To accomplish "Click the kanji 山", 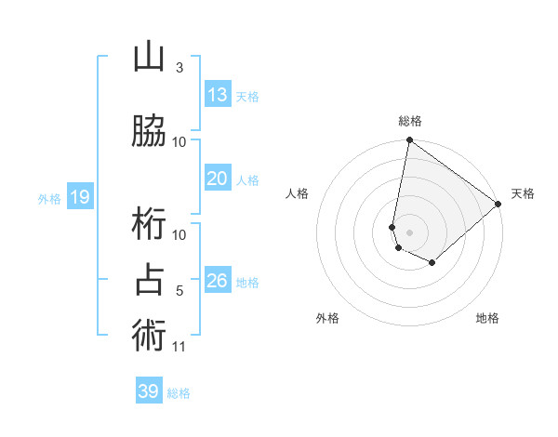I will click(150, 58).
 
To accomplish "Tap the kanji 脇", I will click(150, 131).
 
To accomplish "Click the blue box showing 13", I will click(218, 95).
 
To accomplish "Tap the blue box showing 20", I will click(218, 179).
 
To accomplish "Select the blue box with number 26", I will click(218, 280).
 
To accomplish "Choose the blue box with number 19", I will click(79, 197).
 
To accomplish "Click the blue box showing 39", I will click(149, 391).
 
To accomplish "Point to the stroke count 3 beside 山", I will click(179, 68).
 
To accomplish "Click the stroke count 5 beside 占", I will click(179, 291).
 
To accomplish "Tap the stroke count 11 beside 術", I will click(179, 347).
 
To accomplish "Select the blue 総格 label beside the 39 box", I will click(179, 393).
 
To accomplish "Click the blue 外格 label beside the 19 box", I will click(49, 198).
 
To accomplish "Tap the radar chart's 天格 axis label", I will click(523, 193).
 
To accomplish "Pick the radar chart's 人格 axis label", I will click(297, 193).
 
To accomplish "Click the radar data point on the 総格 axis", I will click(409, 141).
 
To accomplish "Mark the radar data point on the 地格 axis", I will click(432, 263).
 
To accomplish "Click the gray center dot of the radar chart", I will click(409, 231).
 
